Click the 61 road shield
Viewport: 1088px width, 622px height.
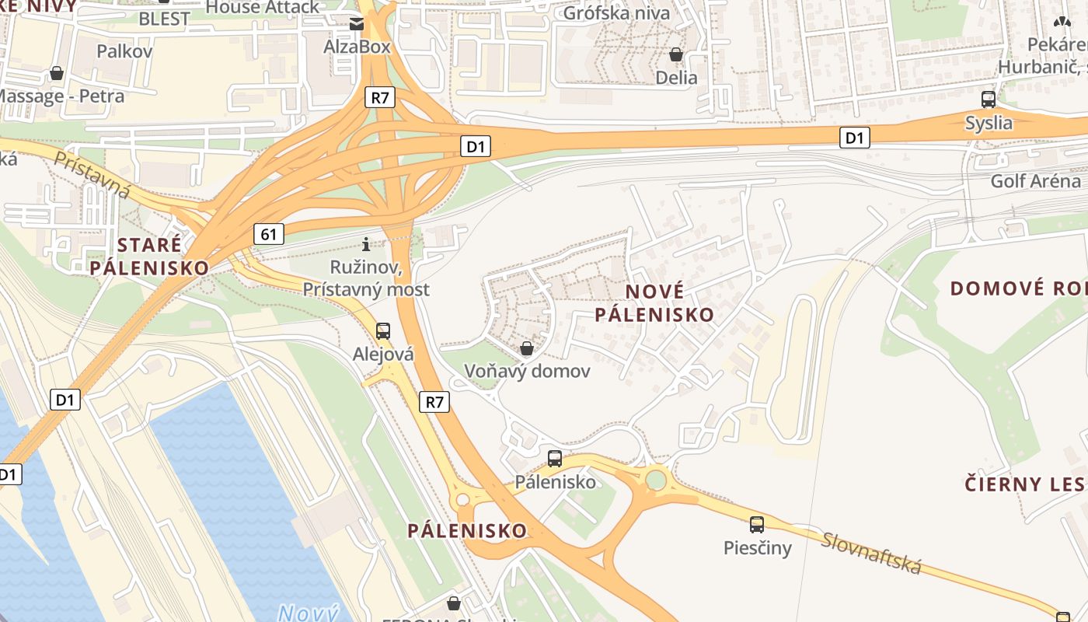(268, 233)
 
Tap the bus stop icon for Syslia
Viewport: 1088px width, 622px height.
(989, 100)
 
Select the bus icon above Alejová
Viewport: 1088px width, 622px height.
(383, 331)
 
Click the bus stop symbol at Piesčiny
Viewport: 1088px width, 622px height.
(757, 525)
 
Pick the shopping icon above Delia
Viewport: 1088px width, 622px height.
(676, 54)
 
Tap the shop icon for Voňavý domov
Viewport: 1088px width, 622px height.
(527, 348)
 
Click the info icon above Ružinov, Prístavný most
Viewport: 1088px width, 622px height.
(366, 244)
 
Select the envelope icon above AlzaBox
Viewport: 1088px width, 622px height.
(357, 24)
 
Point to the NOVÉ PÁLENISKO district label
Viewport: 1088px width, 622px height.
(654, 303)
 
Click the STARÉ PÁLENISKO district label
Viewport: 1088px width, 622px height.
(149, 256)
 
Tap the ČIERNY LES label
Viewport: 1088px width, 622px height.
(1024, 484)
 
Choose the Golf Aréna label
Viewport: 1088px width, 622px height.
(1035, 181)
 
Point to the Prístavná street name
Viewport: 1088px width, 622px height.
(92, 174)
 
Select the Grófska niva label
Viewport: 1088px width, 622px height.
(616, 12)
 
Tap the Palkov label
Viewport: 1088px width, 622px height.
(124, 51)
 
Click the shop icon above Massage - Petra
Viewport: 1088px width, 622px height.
(57, 73)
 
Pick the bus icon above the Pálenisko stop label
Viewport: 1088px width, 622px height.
(554, 459)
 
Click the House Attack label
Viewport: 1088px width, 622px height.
(263, 7)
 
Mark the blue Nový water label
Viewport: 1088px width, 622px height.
(309, 613)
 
